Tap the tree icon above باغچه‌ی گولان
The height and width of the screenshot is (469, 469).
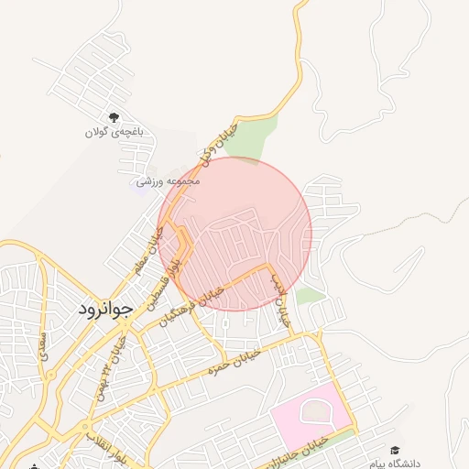point(115,117)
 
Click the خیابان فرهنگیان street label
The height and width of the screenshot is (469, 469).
point(192,302)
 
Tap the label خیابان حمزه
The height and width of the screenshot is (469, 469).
point(229,365)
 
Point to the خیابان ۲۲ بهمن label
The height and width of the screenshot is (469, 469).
point(116,352)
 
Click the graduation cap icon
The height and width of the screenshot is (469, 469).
point(395,451)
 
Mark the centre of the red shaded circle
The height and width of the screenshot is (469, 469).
point(235,234)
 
